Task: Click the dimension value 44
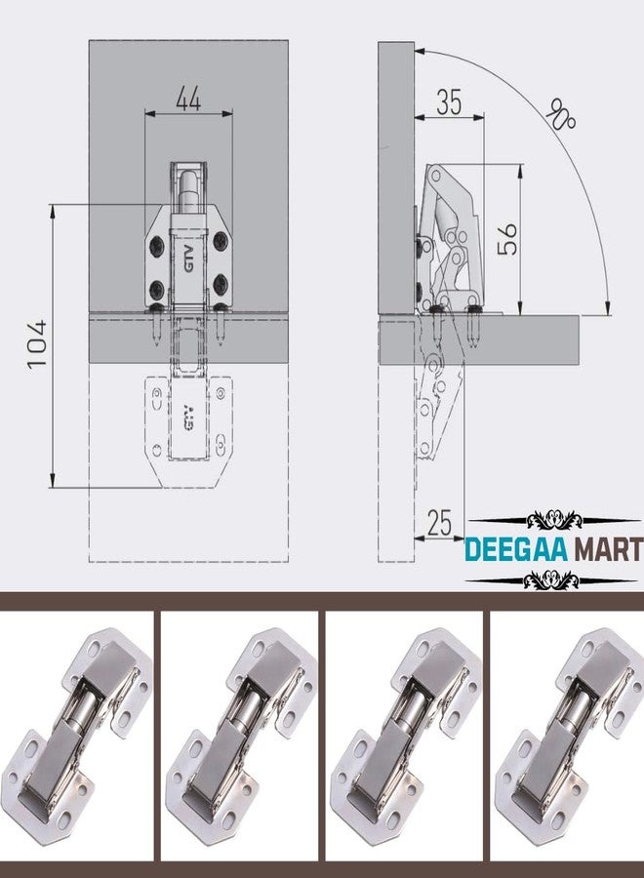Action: [x=188, y=100]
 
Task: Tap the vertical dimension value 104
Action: [x=37, y=344]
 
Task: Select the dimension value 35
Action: [x=449, y=101]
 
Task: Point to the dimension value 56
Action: [x=507, y=239]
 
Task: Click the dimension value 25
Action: [x=439, y=523]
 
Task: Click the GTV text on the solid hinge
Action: [x=188, y=259]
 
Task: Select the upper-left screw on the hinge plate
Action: [x=157, y=244]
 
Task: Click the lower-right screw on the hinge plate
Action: [x=221, y=284]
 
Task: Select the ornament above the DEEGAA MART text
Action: [x=554, y=520]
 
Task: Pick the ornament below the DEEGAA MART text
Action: [x=551, y=580]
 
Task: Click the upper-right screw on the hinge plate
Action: [x=221, y=241]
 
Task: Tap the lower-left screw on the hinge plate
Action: [x=157, y=290]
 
